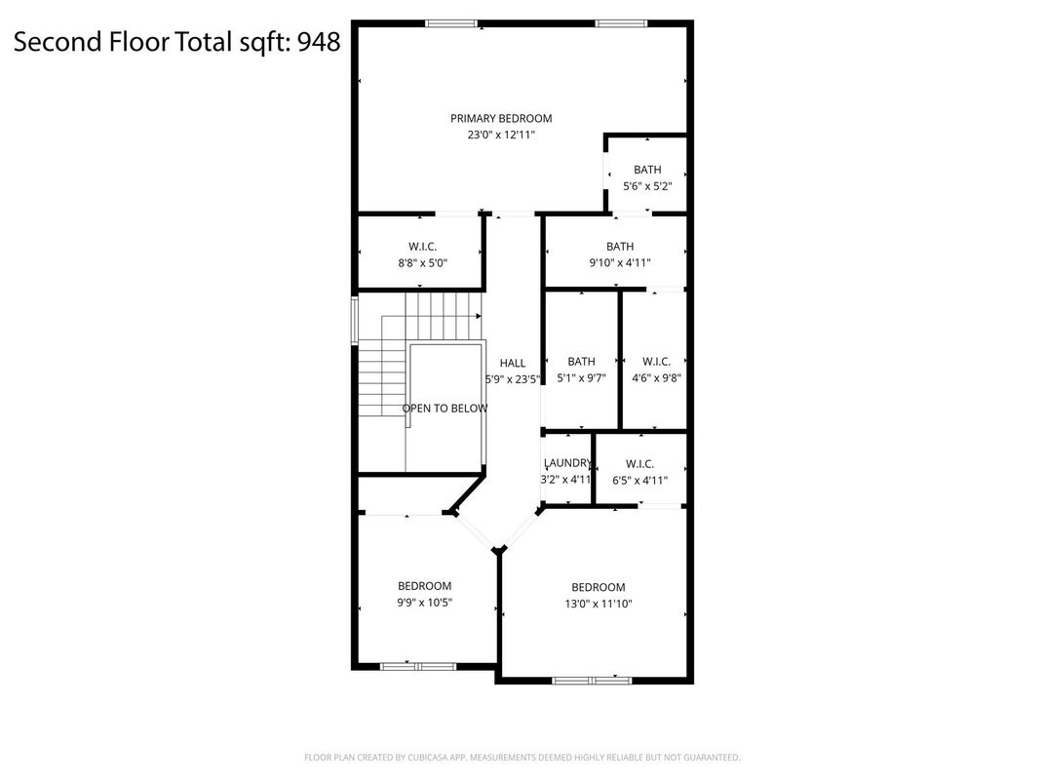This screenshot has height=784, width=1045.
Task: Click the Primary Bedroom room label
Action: [501, 119]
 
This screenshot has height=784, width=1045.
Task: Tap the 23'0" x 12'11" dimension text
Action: [501, 136]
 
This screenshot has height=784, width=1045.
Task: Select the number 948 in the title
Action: [319, 41]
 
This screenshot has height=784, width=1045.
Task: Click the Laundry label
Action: [567, 463]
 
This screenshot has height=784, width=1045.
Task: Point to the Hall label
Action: [513, 364]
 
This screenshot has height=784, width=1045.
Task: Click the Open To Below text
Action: [445, 409]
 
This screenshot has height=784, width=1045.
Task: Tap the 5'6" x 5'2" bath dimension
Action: [647, 186]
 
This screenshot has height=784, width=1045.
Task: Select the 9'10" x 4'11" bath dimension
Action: [620, 263]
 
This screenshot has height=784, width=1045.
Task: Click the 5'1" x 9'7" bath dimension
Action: [581, 378]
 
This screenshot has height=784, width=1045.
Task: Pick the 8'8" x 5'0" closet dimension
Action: [422, 263]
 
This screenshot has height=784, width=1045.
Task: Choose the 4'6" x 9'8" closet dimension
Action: [656, 378]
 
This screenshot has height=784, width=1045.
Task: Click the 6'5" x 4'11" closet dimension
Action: [639, 481]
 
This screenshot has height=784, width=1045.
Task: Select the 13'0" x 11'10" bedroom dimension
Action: [599, 605]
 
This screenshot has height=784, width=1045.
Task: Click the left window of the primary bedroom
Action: [452, 24]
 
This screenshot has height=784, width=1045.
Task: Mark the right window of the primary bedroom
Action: [621, 24]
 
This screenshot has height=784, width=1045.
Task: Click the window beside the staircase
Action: [355, 321]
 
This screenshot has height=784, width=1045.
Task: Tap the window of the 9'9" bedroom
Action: [418, 667]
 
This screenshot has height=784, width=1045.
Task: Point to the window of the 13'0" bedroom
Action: [591, 681]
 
